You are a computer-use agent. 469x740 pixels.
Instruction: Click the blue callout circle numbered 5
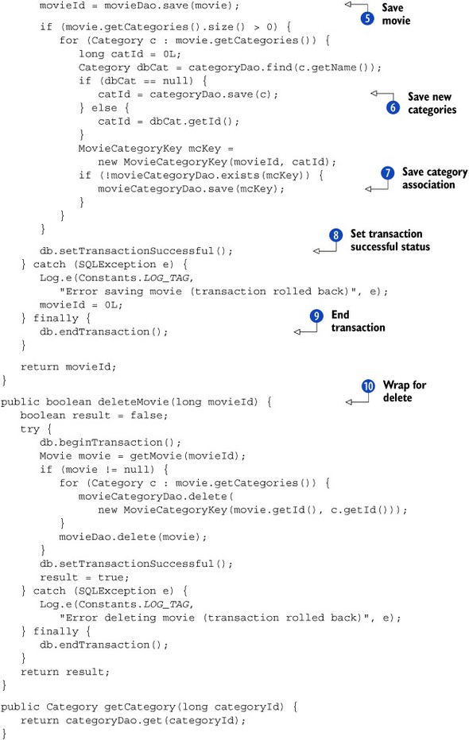coord(367,18)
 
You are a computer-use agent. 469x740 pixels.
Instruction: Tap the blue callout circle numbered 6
coord(393,107)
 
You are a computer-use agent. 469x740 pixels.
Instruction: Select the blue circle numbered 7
coord(387,172)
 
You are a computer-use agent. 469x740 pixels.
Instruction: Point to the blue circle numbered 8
coord(335,235)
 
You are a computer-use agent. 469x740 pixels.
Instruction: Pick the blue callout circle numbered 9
coord(316,316)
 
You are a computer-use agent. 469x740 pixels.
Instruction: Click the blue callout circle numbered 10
coord(368,386)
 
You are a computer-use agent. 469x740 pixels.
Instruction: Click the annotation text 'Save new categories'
coord(432,103)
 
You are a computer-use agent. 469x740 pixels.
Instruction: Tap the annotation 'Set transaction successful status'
coord(390,240)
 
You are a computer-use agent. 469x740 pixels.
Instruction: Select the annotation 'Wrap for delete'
coord(405,391)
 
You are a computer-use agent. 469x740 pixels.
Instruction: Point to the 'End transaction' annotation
coord(358,321)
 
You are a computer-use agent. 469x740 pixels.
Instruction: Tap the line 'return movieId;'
coord(68,366)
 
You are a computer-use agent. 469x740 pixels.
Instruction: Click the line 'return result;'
coord(64,672)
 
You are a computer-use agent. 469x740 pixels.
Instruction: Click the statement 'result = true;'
coord(84,577)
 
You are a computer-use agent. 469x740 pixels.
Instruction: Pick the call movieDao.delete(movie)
coord(133,537)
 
